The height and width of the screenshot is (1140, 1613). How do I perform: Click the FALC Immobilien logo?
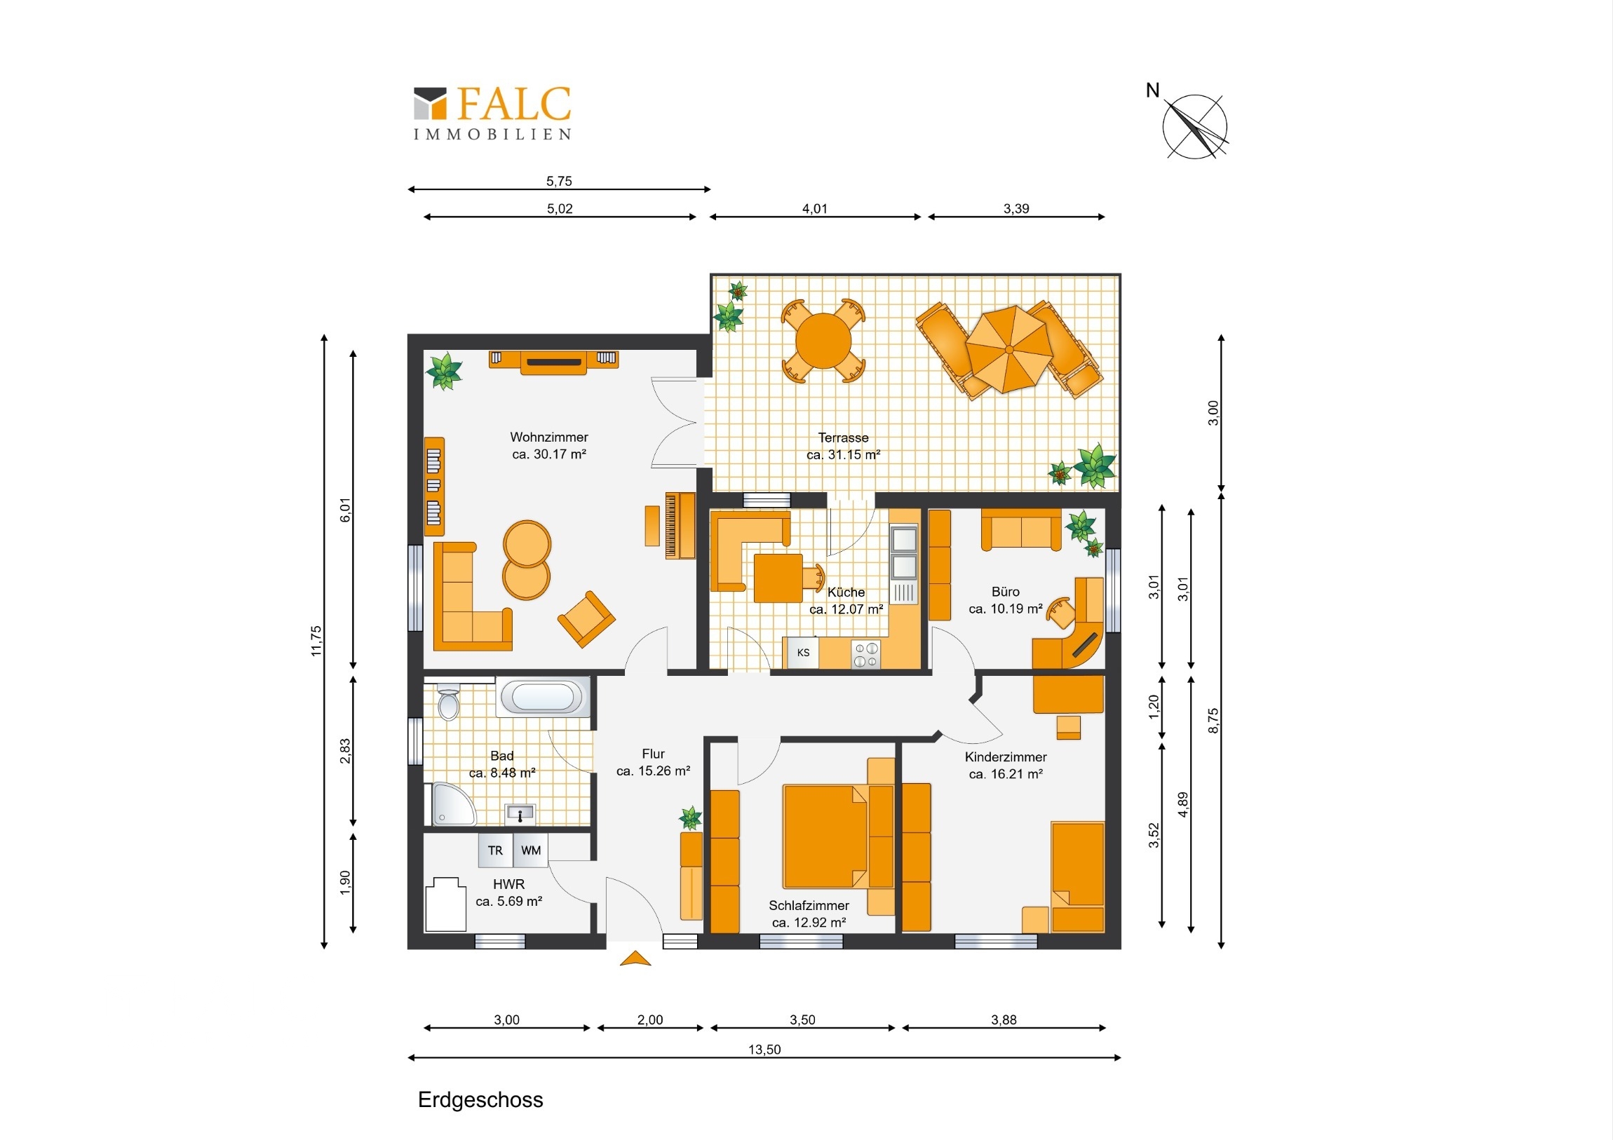click(492, 112)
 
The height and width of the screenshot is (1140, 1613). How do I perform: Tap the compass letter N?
click(1152, 90)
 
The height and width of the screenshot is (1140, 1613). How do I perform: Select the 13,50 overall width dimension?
click(764, 1050)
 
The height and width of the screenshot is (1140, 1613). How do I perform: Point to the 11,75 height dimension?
click(316, 641)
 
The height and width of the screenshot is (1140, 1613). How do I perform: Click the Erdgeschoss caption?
click(480, 1100)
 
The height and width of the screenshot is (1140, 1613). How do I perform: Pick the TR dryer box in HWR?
click(495, 850)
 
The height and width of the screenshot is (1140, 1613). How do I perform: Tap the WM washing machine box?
click(530, 850)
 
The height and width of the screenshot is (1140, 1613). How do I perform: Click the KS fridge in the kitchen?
click(802, 653)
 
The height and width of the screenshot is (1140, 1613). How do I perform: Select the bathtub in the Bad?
click(542, 698)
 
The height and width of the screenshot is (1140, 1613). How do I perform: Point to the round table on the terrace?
click(823, 341)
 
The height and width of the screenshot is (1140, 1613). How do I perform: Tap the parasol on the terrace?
click(1009, 349)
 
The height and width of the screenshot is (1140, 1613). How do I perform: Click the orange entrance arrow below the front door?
click(635, 958)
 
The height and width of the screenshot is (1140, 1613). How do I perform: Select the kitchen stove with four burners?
click(865, 655)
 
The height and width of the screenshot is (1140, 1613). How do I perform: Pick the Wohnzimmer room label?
click(548, 437)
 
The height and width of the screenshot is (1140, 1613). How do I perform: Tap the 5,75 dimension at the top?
click(559, 181)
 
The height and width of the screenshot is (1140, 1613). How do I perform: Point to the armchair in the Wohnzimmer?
click(586, 619)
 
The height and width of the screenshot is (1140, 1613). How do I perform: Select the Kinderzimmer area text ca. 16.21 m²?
click(1005, 774)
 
